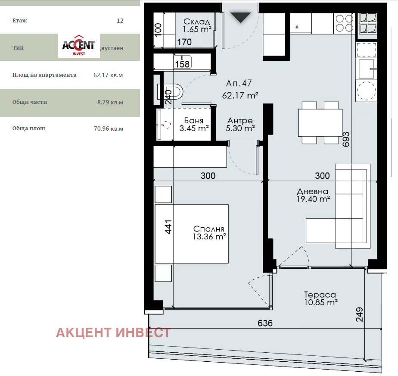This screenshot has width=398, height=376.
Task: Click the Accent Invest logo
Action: (x=79, y=45)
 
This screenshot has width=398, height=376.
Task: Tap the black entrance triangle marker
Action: (x=240, y=17)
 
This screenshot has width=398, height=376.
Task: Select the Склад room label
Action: (x=196, y=25)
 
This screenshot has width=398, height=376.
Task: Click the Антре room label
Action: (x=240, y=124)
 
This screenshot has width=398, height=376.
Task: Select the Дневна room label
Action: (x=313, y=195)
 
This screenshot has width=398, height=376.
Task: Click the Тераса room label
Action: (x=320, y=298)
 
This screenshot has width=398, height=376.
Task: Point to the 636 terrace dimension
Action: (x=265, y=323)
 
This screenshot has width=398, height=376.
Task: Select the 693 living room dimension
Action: (x=345, y=139)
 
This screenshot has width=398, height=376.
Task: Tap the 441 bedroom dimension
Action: (x=168, y=227)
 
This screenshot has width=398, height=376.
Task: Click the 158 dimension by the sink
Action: (x=182, y=64)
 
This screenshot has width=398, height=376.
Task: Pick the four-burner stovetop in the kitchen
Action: (x=344, y=23)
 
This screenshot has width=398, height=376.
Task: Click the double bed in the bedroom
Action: (x=192, y=233)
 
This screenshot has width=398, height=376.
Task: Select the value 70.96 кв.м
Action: (x=108, y=128)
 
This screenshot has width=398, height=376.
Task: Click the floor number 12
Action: (x=120, y=21)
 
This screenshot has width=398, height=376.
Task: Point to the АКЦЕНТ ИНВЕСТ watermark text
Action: (x=113, y=332)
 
